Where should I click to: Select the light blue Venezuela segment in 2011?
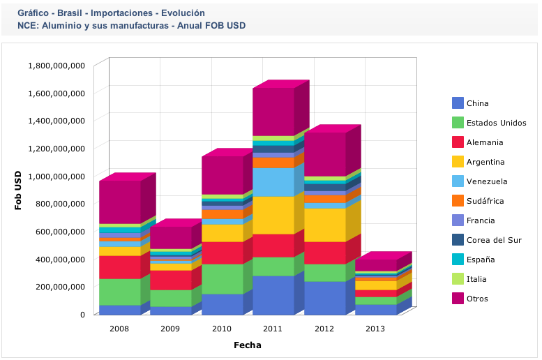273,182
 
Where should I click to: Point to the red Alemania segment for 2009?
170,280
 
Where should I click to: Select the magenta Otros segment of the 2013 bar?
376,265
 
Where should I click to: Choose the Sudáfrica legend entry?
484,201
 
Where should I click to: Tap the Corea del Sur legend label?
493,240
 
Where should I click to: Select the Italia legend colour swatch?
458,279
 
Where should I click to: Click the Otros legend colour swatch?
458,299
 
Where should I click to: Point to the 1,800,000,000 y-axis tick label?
57,65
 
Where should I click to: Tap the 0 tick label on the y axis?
82,314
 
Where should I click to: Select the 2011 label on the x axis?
273,329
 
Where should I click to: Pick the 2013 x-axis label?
375,329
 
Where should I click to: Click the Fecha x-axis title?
248,345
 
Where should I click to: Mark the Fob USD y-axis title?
19,190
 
